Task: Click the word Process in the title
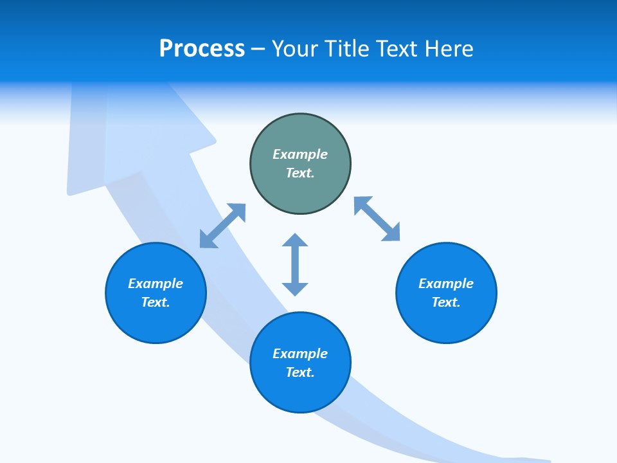[x=202, y=49]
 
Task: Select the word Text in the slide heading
[x=398, y=49]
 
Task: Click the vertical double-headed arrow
[x=295, y=264]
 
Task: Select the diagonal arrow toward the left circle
[x=222, y=226]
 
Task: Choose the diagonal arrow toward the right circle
[x=377, y=219]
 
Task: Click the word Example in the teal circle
[x=300, y=154]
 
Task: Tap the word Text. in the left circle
[x=156, y=302]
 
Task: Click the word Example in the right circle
[x=446, y=284]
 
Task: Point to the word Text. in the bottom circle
[x=300, y=372]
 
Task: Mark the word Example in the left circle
[x=156, y=284]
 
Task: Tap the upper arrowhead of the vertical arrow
[x=295, y=241]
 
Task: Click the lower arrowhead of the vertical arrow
[x=295, y=288]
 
